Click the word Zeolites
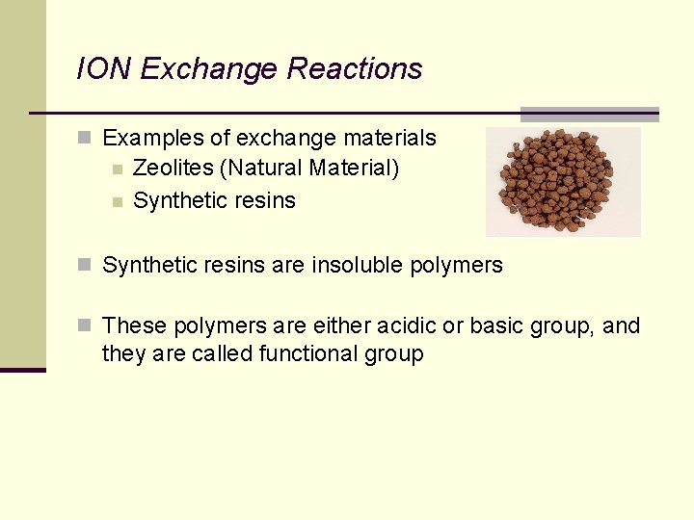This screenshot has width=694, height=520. point(173,169)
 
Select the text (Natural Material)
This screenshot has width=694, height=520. point(309,169)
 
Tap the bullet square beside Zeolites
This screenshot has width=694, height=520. point(117,170)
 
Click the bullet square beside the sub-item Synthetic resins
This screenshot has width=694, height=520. point(117,202)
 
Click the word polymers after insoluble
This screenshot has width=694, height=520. point(462,266)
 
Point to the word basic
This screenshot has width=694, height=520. point(495,326)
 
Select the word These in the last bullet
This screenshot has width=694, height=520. point(131,326)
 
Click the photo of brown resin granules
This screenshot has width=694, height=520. point(563,181)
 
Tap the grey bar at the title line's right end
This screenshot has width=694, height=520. point(589,114)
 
